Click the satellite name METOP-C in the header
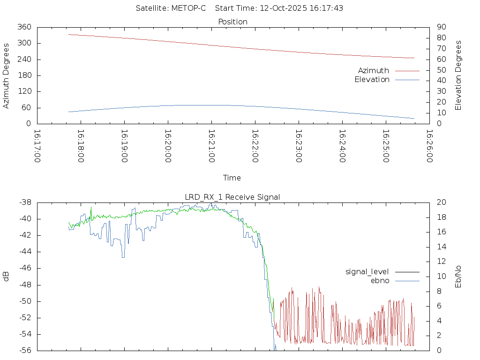click(x=187, y=8)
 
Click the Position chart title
click(x=233, y=22)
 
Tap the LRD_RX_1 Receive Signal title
click(x=232, y=197)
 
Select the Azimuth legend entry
click(x=374, y=71)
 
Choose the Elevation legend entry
click(x=372, y=80)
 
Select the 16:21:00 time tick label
click(x=211, y=146)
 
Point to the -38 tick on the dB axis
click(x=25, y=202)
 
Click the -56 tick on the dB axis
click(x=25, y=350)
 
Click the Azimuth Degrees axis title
click(x=7, y=75)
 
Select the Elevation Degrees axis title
click(x=458, y=75)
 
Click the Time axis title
click(x=232, y=178)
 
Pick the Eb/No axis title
click(x=458, y=276)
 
